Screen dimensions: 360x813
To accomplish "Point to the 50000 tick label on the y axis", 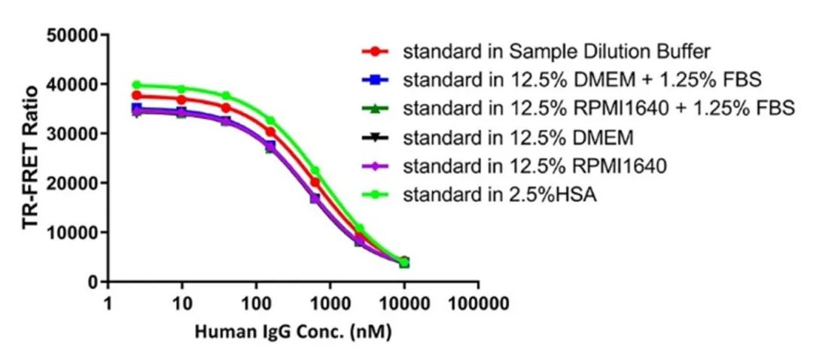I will (72, 35).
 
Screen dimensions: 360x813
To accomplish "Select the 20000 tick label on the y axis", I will (72, 183).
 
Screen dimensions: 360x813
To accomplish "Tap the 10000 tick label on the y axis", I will (72, 233).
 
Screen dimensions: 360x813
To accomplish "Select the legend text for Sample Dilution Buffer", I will (556, 52).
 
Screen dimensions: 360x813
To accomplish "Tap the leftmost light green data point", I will (136, 85).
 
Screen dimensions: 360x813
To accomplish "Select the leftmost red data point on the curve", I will (136, 96).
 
